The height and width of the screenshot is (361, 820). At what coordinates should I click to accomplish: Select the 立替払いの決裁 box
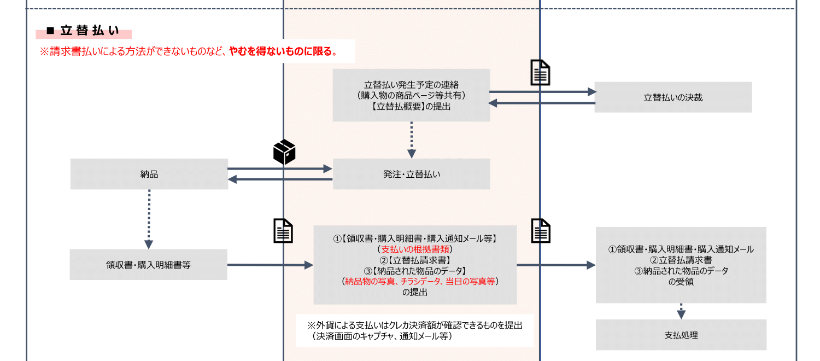673,98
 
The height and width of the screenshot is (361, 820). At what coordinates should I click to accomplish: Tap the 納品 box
149,174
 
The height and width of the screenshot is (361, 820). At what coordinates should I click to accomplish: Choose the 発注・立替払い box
411,174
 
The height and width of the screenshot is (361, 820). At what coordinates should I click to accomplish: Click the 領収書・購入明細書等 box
148,265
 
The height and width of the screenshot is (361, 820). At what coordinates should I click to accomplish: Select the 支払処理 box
681,335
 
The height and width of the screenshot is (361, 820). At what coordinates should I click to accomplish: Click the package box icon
284,152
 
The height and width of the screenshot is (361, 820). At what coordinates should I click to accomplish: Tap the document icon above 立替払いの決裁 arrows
541,73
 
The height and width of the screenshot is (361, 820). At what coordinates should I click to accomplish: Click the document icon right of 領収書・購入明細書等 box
283,231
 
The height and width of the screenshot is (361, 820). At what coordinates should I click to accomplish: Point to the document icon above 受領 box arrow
541,231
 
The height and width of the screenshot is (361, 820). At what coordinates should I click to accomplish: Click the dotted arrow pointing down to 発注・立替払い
411,139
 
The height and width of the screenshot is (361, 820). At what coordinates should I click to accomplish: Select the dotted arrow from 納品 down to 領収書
149,219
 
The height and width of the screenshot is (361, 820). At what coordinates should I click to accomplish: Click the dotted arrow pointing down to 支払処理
681,311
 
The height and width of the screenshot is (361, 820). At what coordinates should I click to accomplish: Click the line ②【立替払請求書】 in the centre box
414,260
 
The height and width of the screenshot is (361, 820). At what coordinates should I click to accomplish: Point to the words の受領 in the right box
681,282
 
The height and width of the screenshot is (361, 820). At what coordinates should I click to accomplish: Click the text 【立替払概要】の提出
411,107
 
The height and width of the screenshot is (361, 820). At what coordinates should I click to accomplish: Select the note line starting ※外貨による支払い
415,325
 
